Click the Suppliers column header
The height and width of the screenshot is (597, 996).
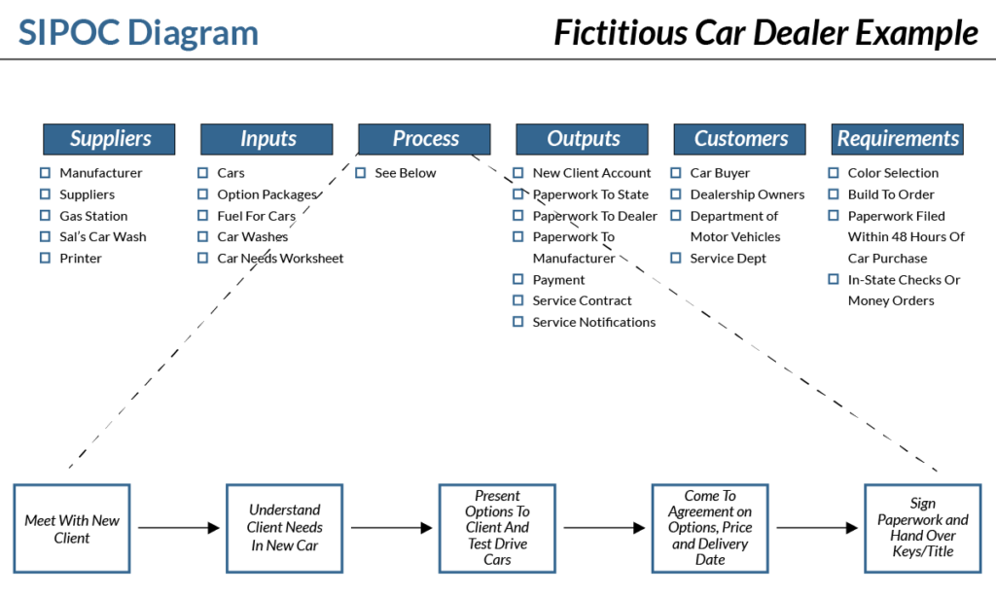tap(109, 139)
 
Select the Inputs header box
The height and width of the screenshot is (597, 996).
tap(267, 139)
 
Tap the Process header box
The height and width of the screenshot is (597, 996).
tap(424, 139)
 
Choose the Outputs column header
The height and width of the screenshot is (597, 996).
tap(582, 139)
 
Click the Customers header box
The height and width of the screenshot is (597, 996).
tap(739, 139)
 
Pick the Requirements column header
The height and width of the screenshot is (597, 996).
tap(898, 139)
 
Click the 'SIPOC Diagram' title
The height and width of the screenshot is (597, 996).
tap(139, 32)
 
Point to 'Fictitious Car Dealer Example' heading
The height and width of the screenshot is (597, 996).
tap(765, 32)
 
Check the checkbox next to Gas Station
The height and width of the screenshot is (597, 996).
tap(45, 216)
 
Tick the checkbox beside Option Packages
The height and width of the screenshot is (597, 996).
tap(202, 194)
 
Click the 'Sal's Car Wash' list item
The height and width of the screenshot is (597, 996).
tap(102, 237)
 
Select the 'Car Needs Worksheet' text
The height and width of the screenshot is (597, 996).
tap(280, 259)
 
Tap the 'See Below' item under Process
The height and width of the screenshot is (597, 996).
tap(405, 173)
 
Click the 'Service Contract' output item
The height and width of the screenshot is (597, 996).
tap(582, 301)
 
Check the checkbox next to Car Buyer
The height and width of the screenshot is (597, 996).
tap(675, 173)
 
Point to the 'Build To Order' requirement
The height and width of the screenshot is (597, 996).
tap(890, 194)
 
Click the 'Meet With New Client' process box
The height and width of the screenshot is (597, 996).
tap(72, 528)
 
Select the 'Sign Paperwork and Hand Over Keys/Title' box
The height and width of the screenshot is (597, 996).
tap(922, 528)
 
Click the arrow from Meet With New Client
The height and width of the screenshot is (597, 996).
tap(179, 528)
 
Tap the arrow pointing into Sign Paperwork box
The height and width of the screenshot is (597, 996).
tap(818, 528)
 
